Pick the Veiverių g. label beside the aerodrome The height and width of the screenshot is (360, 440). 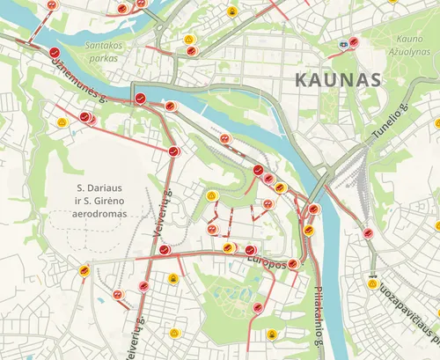(161, 211)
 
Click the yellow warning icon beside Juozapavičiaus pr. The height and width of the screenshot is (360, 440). (373, 285)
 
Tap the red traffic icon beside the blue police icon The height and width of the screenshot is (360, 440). (353, 41)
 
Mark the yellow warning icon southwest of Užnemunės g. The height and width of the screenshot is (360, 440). (62, 122)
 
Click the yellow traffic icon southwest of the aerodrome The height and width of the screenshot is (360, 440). (84, 270)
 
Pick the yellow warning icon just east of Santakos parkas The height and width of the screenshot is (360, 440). (189, 40)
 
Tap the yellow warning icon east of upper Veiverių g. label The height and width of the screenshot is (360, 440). (211, 195)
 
